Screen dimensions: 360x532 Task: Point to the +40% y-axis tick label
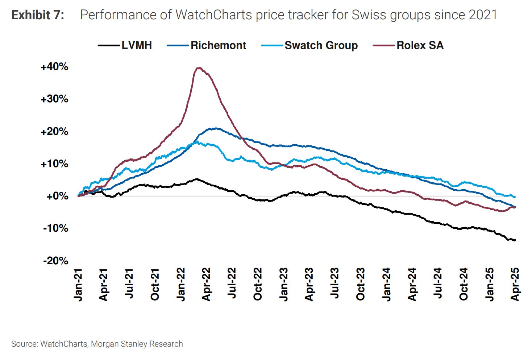(x=54, y=67)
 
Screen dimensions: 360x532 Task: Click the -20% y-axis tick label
(x=55, y=261)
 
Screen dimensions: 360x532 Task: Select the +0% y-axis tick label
(x=57, y=196)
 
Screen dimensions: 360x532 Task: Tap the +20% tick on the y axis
(x=54, y=131)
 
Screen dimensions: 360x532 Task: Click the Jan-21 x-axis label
(x=78, y=285)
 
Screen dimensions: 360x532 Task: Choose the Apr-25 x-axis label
(x=515, y=285)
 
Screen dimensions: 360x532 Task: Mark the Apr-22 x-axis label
(x=206, y=285)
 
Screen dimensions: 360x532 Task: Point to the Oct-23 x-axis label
(x=360, y=285)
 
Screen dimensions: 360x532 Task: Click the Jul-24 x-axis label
(x=438, y=285)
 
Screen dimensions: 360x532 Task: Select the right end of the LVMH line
(x=515, y=240)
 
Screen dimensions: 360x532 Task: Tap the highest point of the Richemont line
(x=216, y=128)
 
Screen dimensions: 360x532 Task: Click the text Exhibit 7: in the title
(x=38, y=15)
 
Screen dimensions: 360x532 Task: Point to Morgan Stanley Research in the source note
(x=137, y=344)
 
